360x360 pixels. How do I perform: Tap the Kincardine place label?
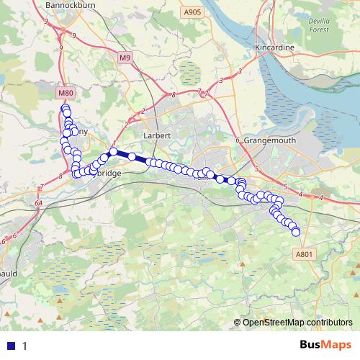(275, 48)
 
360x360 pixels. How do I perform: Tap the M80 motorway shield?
(66, 93)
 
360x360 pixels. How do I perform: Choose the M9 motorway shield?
(126, 58)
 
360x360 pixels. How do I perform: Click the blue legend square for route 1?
(12, 346)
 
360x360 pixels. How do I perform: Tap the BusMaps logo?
(325, 345)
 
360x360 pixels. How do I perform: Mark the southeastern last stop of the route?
(295, 231)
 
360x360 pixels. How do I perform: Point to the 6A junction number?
(37, 204)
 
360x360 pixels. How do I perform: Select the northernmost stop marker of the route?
(65, 109)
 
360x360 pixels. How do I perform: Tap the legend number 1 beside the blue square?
(25, 346)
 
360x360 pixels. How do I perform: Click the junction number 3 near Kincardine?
(239, 71)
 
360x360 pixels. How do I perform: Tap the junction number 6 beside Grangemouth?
(237, 140)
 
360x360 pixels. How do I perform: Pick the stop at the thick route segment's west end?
(113, 152)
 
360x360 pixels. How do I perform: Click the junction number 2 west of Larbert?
(143, 110)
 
